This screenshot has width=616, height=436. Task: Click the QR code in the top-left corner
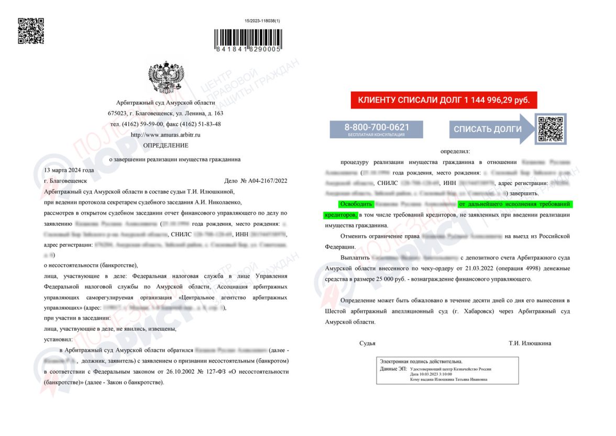click(x=31, y=31)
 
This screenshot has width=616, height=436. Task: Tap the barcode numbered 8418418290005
click(x=248, y=39)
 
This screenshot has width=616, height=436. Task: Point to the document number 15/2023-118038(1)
click(x=262, y=21)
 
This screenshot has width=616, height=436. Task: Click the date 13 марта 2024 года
click(x=69, y=170)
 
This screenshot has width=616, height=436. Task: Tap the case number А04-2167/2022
click(x=264, y=181)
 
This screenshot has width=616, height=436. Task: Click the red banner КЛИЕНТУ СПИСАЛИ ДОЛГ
click(x=444, y=100)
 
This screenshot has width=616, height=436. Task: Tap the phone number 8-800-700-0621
click(x=376, y=127)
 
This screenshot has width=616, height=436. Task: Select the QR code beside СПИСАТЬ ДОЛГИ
click(x=550, y=128)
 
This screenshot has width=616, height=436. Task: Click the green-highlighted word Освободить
click(x=356, y=204)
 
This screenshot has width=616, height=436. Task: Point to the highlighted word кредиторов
click(x=341, y=215)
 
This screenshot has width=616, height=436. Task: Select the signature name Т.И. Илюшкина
click(x=530, y=343)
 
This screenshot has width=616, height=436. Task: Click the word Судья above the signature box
click(x=367, y=343)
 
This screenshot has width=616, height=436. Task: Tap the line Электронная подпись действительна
click(x=421, y=362)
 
